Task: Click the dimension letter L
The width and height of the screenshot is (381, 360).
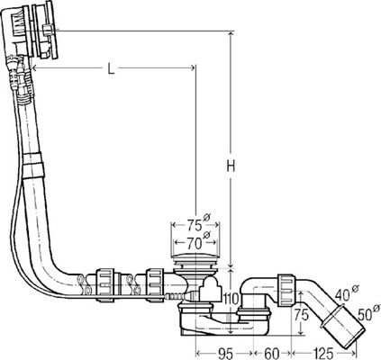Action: tap(111, 69)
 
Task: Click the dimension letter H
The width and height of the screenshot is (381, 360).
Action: tap(231, 166)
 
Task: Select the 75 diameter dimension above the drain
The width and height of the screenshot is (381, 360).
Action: tap(195, 225)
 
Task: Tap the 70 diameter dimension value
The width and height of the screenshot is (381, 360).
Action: tap(195, 243)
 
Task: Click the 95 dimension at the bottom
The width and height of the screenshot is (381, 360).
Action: tap(225, 354)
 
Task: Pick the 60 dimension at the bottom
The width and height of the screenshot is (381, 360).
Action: tap(272, 354)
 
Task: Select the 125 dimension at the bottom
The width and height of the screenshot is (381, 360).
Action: tap(322, 354)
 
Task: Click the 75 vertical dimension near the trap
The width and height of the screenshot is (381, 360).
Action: tap(301, 315)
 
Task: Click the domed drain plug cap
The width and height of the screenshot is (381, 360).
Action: tap(195, 257)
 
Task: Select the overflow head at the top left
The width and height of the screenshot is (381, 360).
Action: tap(30, 30)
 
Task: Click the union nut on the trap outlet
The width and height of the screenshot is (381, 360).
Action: tap(286, 290)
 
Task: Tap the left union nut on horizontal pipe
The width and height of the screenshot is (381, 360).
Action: tap(104, 285)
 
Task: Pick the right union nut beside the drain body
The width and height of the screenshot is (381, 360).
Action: tap(155, 284)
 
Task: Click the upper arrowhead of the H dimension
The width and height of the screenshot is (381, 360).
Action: tap(231, 34)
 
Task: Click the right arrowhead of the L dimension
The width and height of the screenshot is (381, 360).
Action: tap(192, 68)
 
